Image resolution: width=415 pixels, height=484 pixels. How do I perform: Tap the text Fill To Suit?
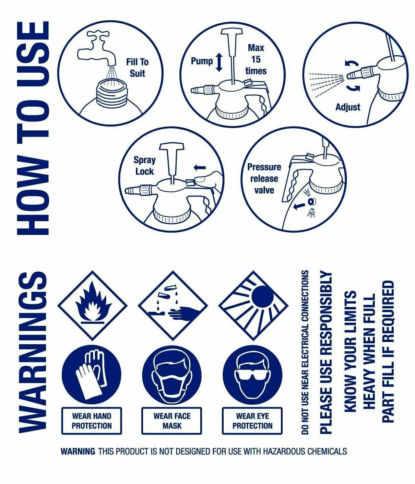[138, 68]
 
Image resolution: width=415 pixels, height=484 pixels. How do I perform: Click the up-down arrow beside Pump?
[219, 62]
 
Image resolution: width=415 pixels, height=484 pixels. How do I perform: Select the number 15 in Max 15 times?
[256, 59]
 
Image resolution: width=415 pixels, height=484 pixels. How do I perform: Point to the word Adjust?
[348, 107]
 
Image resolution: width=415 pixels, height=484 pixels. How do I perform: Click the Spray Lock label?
[145, 166]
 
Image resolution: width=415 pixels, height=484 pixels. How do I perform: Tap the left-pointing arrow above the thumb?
[200, 167]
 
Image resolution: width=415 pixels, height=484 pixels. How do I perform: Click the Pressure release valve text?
[264, 178]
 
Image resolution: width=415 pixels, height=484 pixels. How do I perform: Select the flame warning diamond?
[93, 306]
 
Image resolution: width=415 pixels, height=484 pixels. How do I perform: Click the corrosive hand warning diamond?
[173, 306]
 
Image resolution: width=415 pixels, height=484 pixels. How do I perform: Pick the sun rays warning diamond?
[253, 306]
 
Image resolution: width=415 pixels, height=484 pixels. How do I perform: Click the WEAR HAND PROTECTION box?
[92, 421]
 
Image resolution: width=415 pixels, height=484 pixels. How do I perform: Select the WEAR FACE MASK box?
[172, 421]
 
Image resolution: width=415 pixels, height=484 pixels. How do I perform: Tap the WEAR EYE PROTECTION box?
[252, 421]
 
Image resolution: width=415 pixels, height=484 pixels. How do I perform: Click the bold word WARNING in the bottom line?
[78, 451]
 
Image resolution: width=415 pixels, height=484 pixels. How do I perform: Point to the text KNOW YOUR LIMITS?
[351, 351]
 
